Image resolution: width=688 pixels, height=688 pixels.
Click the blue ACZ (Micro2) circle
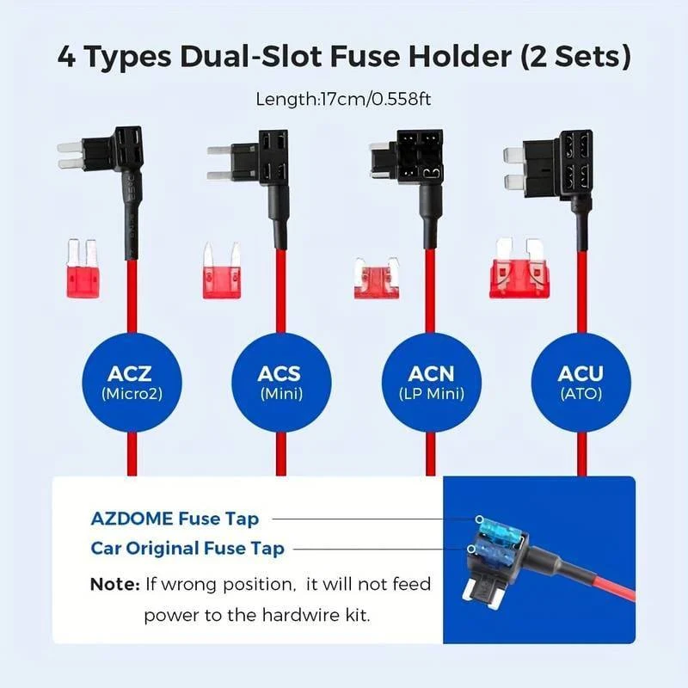coord(132,383)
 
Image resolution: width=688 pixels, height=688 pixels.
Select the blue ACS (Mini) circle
coord(281,383)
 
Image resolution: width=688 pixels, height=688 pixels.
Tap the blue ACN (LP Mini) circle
coord(432,383)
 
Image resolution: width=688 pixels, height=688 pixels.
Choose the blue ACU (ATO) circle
coord(581,383)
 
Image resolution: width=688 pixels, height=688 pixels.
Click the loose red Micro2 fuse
coord(83,269)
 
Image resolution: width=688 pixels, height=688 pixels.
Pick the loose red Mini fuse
coord(222,270)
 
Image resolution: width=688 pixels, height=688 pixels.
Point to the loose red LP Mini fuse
coord(377,279)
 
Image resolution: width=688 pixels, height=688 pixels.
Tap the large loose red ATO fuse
coord(519,268)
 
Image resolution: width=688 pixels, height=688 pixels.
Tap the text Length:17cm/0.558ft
coord(343,99)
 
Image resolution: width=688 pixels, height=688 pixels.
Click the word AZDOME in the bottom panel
coord(132,519)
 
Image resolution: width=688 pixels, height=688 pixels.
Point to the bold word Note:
coord(115,585)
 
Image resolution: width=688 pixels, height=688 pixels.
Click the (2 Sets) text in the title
coord(575,57)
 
